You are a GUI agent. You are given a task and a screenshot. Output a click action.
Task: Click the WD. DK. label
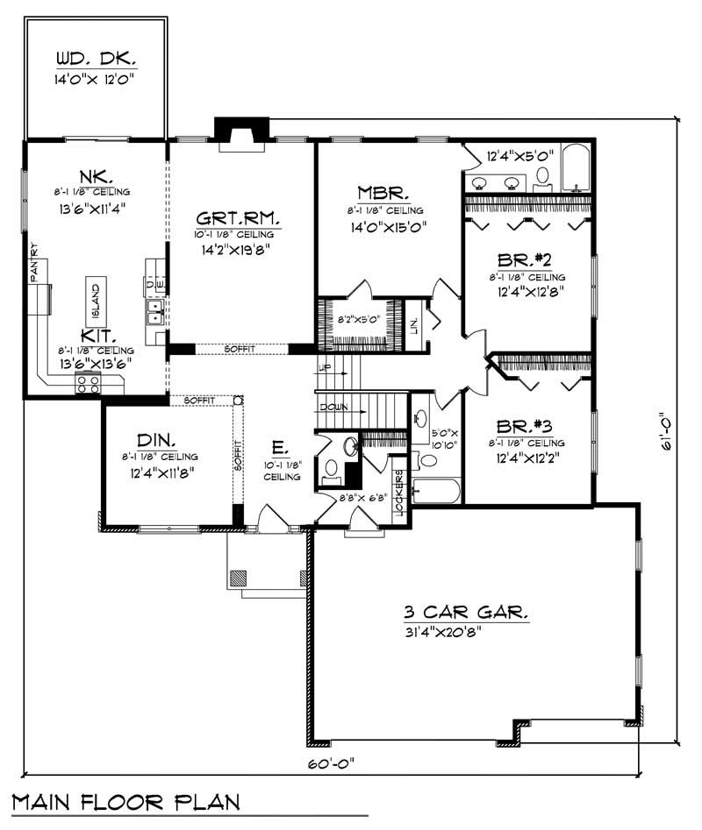tap(96, 60)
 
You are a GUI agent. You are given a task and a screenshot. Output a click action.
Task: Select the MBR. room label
tap(380, 193)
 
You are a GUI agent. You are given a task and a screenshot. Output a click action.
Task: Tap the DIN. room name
tap(159, 440)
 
